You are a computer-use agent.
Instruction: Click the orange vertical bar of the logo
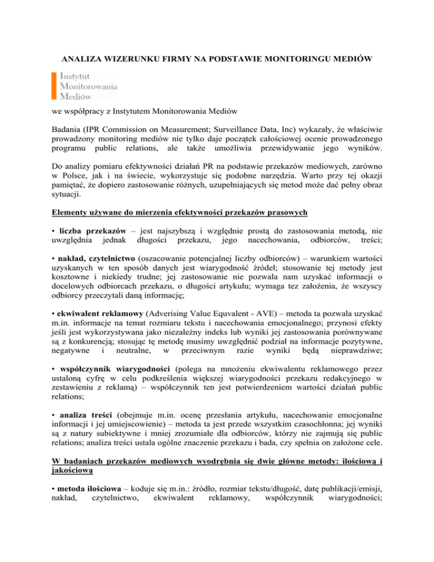pos(54,85)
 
